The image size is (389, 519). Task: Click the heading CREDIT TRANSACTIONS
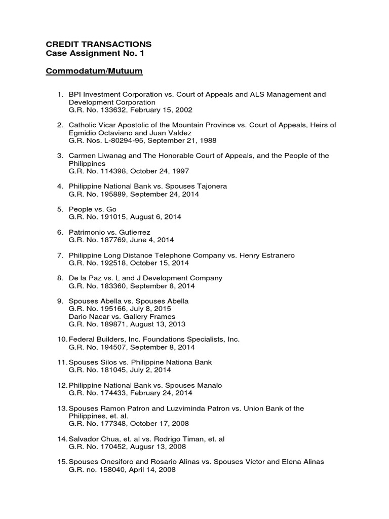99,44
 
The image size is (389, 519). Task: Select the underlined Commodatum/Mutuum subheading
94,71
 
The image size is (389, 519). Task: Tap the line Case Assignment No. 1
92,53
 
